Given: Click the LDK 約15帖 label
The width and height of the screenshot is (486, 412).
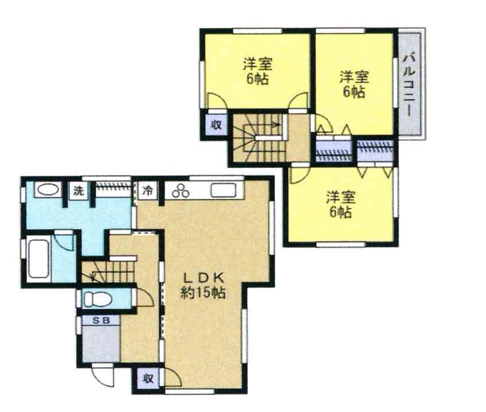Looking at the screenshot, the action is coord(203,286).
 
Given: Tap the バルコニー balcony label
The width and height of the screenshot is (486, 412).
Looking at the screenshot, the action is coord(410,84).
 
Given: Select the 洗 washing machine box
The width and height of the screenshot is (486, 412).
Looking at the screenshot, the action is coord(78,191).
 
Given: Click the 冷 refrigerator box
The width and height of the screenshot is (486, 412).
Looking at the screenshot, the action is coord(148,190).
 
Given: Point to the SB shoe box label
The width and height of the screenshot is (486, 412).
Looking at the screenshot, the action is coord(101,321).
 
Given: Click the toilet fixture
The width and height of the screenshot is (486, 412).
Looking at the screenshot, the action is coord(98,299).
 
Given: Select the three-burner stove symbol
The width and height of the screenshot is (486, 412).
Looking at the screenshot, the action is coord(181,190).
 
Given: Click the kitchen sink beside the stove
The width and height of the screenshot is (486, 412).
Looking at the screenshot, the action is coord(224,190).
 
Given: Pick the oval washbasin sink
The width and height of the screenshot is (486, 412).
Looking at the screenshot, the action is coord(47,190).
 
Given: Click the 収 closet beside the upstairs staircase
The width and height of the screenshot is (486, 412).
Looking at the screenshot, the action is coord(216,125).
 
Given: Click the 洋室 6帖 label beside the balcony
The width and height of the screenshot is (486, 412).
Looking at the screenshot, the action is coord(354,84).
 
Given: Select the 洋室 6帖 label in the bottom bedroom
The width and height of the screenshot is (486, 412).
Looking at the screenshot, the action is coord(340,205).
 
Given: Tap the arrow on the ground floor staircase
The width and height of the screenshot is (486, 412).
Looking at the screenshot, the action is coord(96,278).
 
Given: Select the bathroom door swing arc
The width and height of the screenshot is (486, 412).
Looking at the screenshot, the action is coord(64,241).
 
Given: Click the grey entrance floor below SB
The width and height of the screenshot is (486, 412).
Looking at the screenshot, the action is coord(101,343).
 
